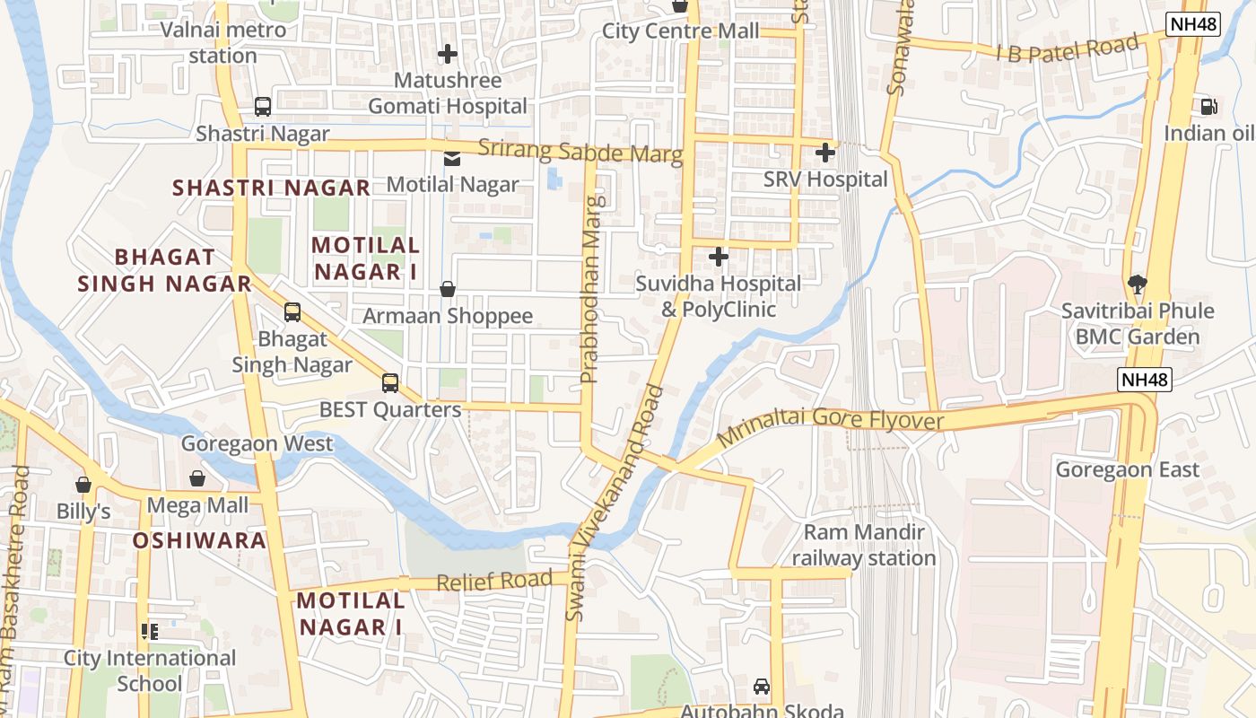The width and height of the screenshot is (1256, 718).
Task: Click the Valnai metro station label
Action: [x=223, y=42]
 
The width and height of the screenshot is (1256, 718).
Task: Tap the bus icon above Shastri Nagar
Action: [x=262, y=107]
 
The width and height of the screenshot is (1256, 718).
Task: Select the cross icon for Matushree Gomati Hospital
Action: [x=448, y=54]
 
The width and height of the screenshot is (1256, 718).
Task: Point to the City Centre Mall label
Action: [x=680, y=31]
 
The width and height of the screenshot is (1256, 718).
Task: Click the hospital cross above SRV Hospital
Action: [x=824, y=153]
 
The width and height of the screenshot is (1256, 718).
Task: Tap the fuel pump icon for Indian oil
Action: [x=1209, y=107]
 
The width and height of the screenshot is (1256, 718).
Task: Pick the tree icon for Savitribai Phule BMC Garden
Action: [x=1138, y=285]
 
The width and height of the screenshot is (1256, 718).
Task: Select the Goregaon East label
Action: [x=1127, y=469]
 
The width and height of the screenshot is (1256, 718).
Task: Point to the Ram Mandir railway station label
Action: [x=863, y=545]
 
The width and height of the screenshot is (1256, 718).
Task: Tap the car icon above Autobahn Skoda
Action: [x=762, y=687]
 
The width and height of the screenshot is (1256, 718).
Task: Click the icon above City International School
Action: [x=150, y=632]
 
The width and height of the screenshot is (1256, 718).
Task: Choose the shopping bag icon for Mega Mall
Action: [x=197, y=479]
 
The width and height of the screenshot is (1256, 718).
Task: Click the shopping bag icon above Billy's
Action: [x=83, y=486]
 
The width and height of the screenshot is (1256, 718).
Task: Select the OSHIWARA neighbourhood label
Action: [x=199, y=540]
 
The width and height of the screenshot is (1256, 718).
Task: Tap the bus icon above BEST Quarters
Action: [x=390, y=383]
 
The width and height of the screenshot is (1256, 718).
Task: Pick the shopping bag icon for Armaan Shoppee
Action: [x=448, y=289]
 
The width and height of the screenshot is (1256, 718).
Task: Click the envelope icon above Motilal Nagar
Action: [x=452, y=159]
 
